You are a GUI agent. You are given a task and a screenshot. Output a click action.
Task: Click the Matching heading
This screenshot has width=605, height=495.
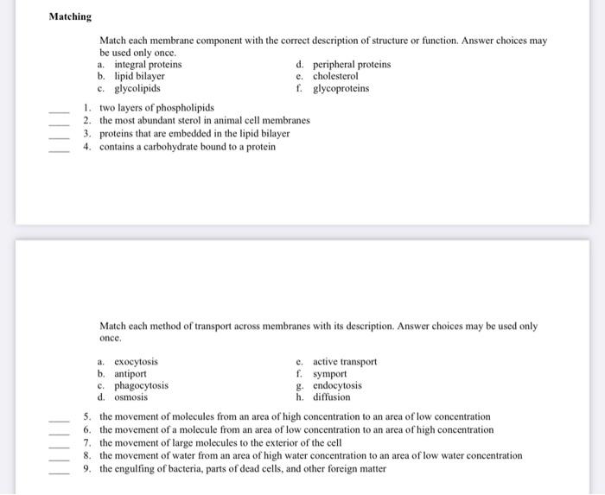pos(70,16)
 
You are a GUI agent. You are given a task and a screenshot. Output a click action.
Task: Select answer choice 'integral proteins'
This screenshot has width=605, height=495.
pos(147,64)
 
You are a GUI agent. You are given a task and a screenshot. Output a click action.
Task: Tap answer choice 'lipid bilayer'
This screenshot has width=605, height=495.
pos(139,76)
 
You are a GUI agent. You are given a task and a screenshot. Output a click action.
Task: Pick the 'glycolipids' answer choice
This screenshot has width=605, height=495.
pos(137,88)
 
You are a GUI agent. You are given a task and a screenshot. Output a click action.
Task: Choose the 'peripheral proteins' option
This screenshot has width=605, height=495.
pos(351,64)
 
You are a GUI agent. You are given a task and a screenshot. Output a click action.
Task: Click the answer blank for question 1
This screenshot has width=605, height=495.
pos(58,111)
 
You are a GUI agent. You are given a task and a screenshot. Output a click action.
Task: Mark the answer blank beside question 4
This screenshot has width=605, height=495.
pos(58,149)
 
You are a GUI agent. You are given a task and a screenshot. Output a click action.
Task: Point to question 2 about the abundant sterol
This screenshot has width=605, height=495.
pos(204,121)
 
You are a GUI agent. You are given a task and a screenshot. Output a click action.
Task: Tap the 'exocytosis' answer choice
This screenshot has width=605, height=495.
pos(136,362)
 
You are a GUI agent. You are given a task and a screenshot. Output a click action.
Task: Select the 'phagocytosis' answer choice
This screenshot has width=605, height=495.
pos(141,385)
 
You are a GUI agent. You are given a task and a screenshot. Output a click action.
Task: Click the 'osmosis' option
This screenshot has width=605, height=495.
pos(131,397)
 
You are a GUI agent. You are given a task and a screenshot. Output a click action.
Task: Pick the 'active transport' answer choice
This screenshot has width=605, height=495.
pos(344,362)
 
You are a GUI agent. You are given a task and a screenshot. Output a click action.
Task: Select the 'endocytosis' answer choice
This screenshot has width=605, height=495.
pos(337,385)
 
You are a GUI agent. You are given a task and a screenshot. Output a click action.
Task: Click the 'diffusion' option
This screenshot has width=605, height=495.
pos(331,397)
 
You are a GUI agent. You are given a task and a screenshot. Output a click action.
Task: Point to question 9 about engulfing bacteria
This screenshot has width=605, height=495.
pos(242,469)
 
